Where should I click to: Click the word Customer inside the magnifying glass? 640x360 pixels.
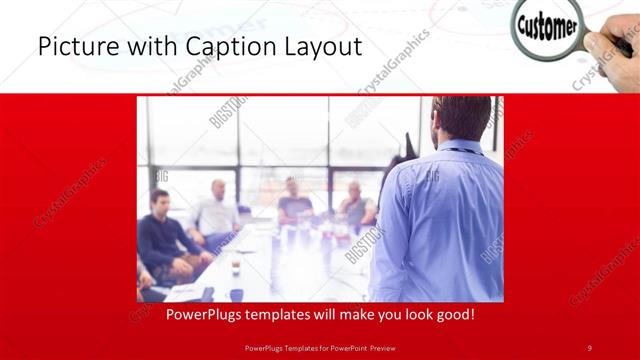[x=547, y=26]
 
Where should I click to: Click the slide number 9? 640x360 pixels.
[x=589, y=347]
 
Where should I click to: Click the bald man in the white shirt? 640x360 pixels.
[x=216, y=210]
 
